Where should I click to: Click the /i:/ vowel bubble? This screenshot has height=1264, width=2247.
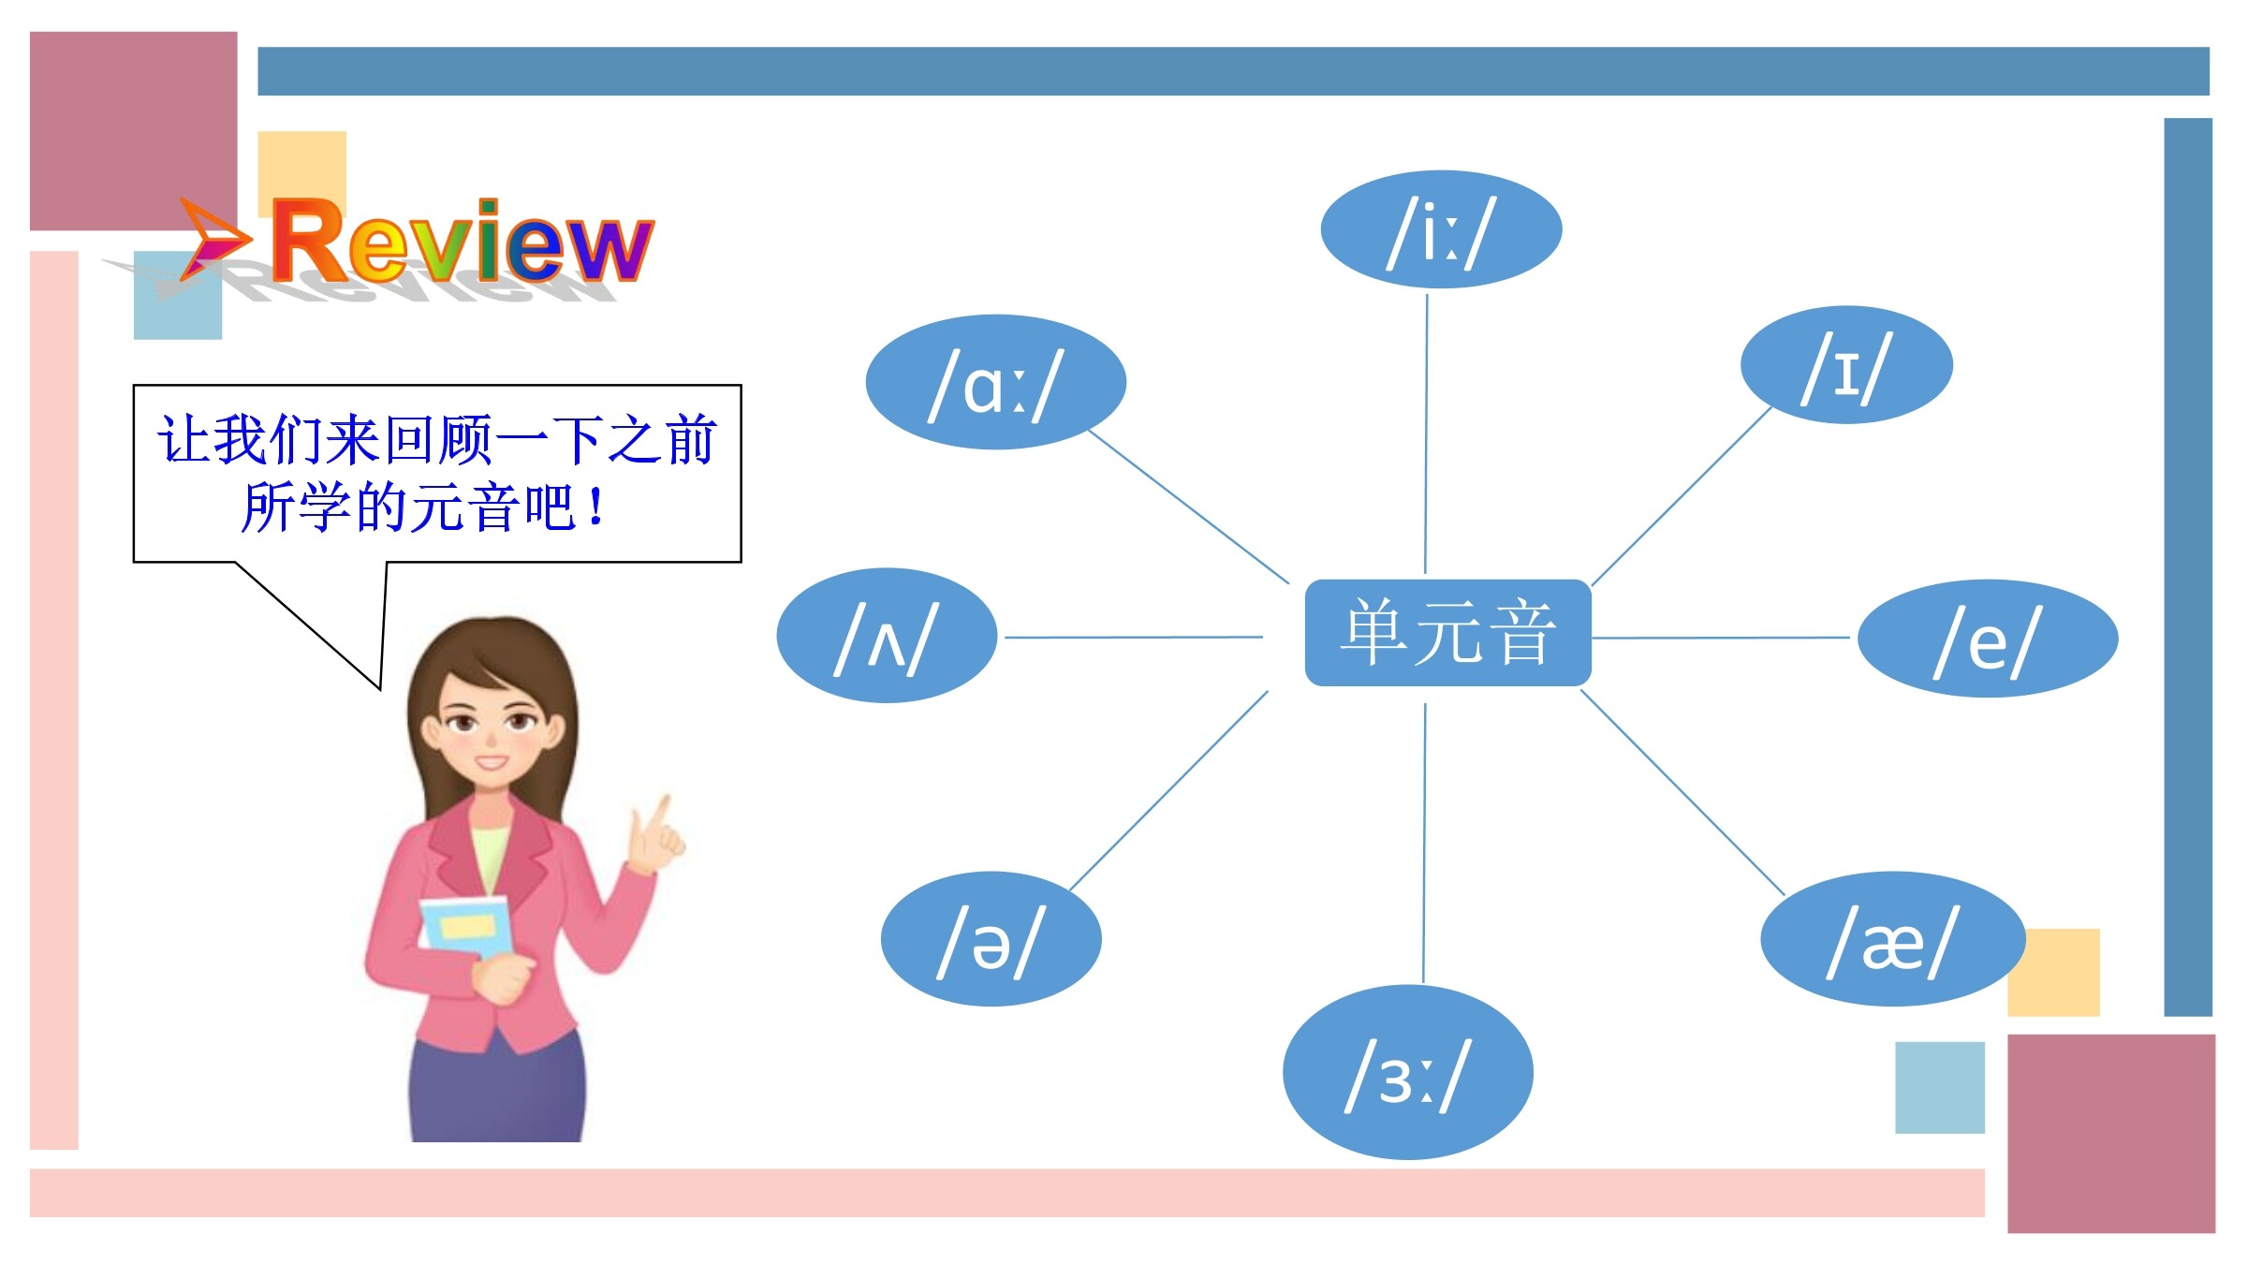click(x=1441, y=229)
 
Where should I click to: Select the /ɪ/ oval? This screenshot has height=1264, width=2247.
click(x=1846, y=365)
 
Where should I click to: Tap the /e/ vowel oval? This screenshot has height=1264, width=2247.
click(x=1988, y=639)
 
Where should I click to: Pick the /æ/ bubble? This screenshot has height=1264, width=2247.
click(x=1893, y=939)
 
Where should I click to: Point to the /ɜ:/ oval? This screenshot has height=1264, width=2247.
click(x=1407, y=1073)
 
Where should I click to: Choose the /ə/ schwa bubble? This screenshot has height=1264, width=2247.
click(x=991, y=939)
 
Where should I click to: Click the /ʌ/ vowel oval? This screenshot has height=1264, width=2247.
click(x=887, y=636)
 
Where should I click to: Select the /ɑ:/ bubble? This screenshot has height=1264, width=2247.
click(x=995, y=382)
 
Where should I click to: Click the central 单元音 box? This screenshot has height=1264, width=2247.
click(x=1447, y=633)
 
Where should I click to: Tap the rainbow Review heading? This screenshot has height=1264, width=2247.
click(x=463, y=242)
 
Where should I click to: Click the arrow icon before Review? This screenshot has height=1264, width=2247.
click(x=215, y=240)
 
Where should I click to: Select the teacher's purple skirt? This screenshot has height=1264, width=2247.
click(x=497, y=1086)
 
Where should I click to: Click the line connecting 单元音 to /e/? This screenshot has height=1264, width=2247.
click(x=1721, y=638)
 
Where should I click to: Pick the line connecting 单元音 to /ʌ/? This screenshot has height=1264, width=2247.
click(x=1134, y=638)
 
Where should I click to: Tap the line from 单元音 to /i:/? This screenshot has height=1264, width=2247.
click(x=1426, y=434)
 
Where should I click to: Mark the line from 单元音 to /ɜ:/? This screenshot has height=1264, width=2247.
click(x=1424, y=843)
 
